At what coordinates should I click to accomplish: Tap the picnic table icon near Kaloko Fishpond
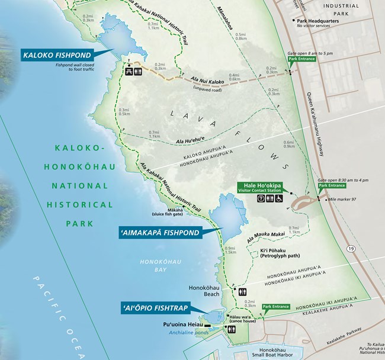click(128, 70)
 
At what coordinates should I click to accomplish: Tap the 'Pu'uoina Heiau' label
click(182, 325)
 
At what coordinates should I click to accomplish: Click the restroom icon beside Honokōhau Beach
click(243, 292)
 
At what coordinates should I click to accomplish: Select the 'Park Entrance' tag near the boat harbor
click(275, 307)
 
